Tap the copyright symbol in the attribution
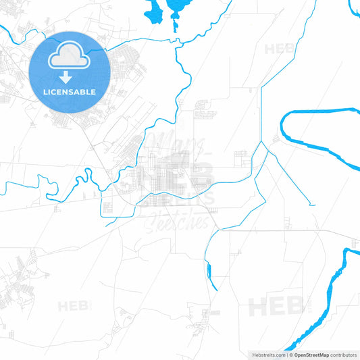[291, 354]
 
